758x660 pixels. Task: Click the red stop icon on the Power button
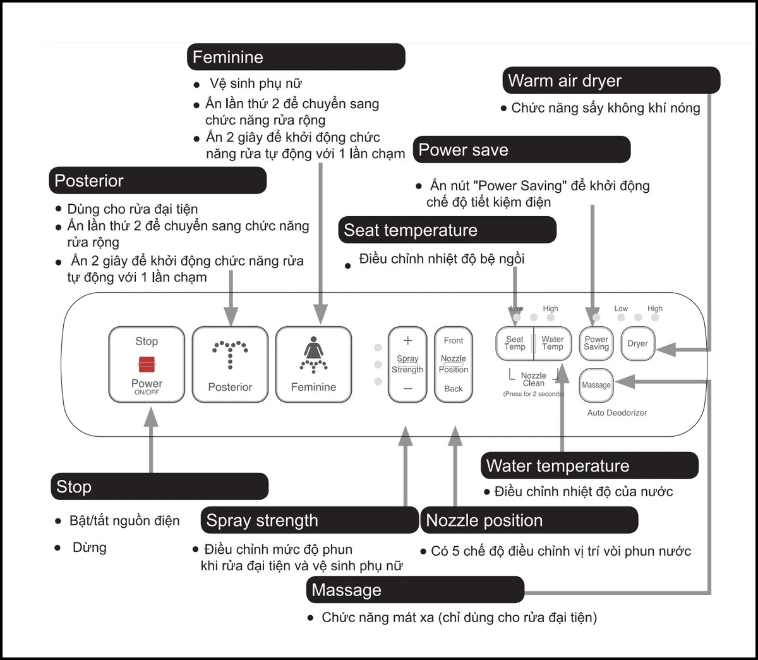click(x=147, y=364)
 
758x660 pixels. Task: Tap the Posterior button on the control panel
click(x=230, y=364)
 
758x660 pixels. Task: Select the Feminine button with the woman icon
click(x=313, y=364)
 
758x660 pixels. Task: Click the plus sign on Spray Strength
click(x=407, y=340)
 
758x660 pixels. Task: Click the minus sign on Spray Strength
click(x=407, y=389)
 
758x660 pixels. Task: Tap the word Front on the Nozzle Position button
click(x=454, y=340)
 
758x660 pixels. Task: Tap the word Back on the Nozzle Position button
click(x=454, y=389)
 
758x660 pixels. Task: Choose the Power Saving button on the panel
click(x=596, y=343)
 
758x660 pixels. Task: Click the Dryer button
click(x=637, y=343)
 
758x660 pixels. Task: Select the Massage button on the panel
click(x=596, y=385)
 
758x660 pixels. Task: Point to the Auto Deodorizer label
click(x=617, y=413)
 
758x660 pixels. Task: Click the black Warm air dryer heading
click(x=611, y=80)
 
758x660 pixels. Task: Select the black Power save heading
click(x=522, y=149)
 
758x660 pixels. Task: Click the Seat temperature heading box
click(x=447, y=230)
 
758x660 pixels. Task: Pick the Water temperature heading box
click(x=589, y=465)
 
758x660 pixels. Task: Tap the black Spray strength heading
click(x=310, y=520)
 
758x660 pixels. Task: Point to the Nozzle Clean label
click(x=534, y=379)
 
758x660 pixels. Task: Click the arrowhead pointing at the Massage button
click(x=625, y=382)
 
